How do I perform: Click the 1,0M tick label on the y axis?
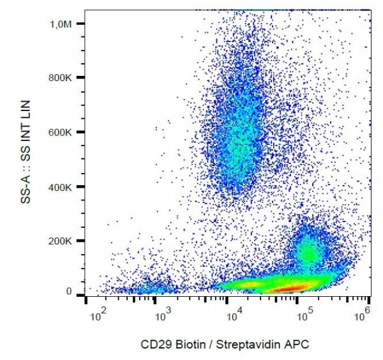(x=68, y=24)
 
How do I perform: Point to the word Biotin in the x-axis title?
(x=188, y=345)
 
